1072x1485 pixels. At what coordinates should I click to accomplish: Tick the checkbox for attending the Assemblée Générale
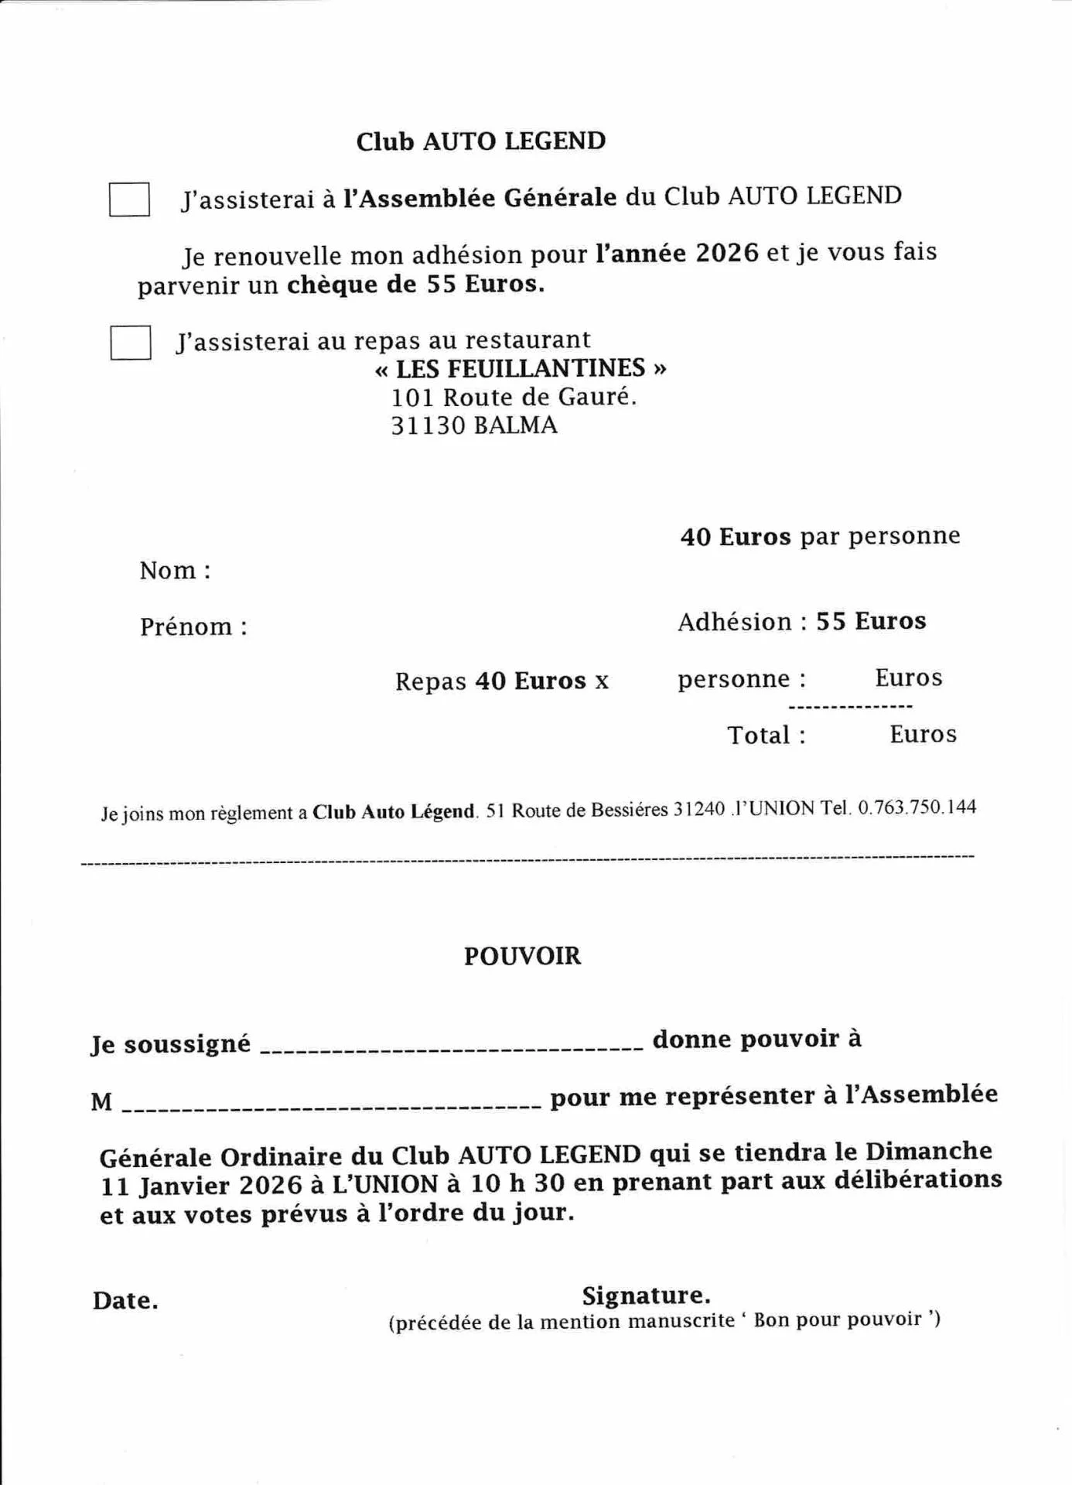[129, 200]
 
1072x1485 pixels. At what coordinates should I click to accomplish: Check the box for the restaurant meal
[130, 343]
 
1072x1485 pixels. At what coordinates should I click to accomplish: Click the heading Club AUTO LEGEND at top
[480, 142]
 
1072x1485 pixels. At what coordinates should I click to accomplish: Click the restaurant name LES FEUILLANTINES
[520, 368]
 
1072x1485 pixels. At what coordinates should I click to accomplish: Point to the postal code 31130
[428, 425]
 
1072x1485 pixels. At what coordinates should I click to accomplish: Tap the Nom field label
[175, 571]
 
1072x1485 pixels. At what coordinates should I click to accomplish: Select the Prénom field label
[193, 626]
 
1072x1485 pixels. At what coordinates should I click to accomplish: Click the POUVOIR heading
[522, 956]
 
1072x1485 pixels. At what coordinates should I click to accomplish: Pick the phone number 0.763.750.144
[917, 807]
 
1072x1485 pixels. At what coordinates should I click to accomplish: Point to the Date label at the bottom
[125, 1301]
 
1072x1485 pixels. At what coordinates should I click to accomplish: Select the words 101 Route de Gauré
[514, 398]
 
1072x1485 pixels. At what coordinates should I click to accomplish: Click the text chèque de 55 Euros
[415, 285]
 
